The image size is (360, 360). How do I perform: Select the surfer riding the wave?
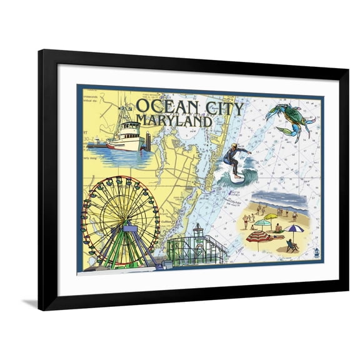pyautogui.click(x=235, y=159)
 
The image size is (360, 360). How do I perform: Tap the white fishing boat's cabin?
pyautogui.click(x=129, y=132)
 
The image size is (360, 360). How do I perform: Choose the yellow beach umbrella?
pyautogui.click(x=271, y=217)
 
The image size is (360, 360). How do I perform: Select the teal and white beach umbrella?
pyautogui.click(x=262, y=222)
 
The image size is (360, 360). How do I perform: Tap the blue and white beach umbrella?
pyautogui.click(x=293, y=229)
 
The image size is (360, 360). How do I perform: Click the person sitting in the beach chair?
pyautogui.click(x=291, y=246)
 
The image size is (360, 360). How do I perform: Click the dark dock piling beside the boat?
pyautogui.click(x=148, y=141)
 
